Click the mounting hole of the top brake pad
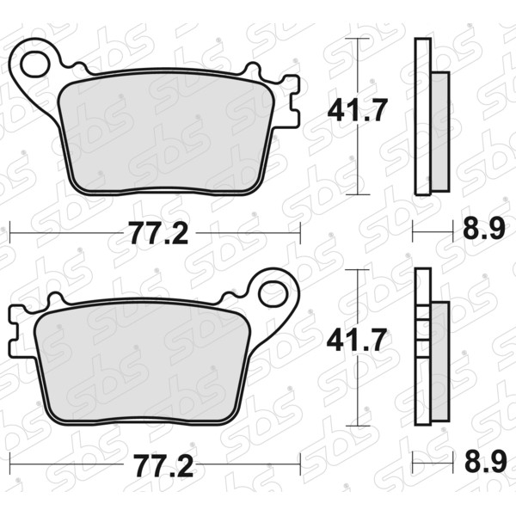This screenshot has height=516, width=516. point(35,64)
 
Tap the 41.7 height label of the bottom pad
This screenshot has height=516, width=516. point(357,340)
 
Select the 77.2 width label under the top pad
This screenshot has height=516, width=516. point(159,233)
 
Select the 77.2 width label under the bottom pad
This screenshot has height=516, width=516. point(164,465)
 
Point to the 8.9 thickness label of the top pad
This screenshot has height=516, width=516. point(483,229)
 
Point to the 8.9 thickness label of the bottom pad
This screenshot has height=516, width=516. point(485,461)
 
